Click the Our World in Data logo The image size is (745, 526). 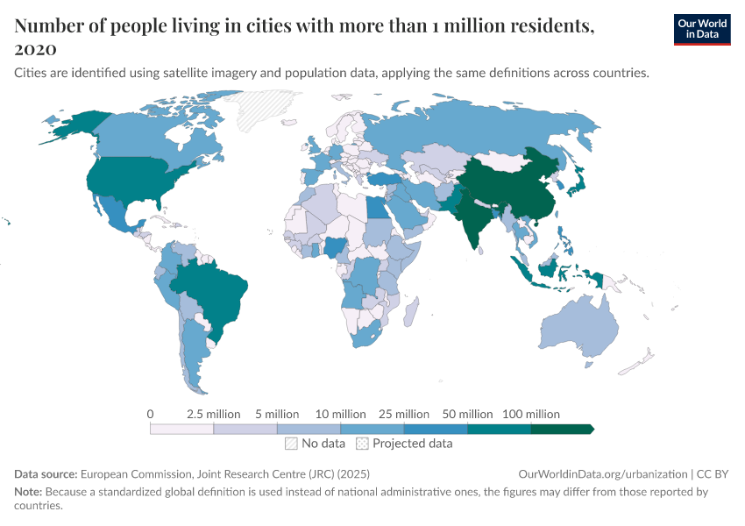pos(701,29)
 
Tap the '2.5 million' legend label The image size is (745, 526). pos(214,414)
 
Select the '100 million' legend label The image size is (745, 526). pos(530,414)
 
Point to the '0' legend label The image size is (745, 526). pos(151,414)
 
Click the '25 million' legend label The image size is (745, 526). pos(404,414)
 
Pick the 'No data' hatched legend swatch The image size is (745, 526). pos(291,444)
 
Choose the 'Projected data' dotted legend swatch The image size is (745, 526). pos(362,444)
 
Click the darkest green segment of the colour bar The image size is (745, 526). pos(562,429)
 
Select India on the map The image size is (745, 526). pos(478,219)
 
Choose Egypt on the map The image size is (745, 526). pos(375,210)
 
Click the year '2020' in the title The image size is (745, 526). pos(36,48)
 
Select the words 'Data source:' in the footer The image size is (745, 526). pos(46,474)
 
